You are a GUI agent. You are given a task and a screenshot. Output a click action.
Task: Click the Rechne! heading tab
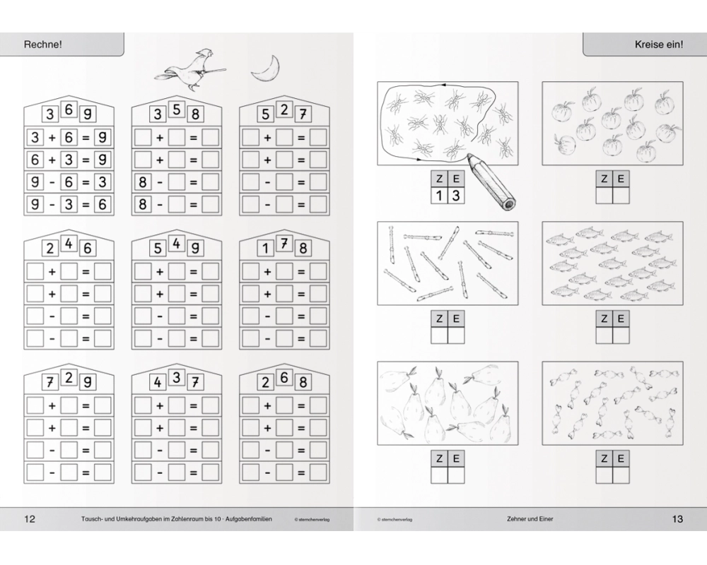(62, 44)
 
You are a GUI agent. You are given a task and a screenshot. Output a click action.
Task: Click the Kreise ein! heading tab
(645, 44)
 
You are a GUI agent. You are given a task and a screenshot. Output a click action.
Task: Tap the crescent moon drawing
(265, 69)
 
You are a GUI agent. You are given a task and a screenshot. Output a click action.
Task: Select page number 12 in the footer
(29, 518)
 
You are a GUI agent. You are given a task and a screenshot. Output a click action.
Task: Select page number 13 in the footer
(677, 518)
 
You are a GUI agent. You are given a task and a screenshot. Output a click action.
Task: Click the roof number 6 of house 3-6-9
(69, 109)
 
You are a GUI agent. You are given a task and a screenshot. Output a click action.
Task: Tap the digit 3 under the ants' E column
(456, 196)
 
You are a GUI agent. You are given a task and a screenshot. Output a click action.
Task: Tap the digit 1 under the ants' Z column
(439, 196)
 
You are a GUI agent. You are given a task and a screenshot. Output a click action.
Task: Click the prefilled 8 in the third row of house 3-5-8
(143, 182)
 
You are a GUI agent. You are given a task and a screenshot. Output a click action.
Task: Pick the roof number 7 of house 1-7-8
(284, 243)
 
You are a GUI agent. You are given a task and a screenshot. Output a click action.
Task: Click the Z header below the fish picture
(604, 319)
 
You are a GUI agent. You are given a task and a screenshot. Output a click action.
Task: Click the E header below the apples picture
(621, 179)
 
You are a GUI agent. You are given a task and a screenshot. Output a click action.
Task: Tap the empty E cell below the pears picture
(456, 475)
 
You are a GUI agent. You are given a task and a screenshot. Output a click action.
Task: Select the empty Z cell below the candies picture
(604, 475)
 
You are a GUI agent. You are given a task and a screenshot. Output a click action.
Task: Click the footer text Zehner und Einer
(530, 519)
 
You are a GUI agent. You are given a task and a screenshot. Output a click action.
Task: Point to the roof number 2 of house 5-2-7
(284, 109)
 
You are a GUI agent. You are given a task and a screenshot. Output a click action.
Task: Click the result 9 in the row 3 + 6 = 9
(103, 138)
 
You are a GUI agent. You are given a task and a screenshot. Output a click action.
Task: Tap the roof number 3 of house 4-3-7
(176, 378)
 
